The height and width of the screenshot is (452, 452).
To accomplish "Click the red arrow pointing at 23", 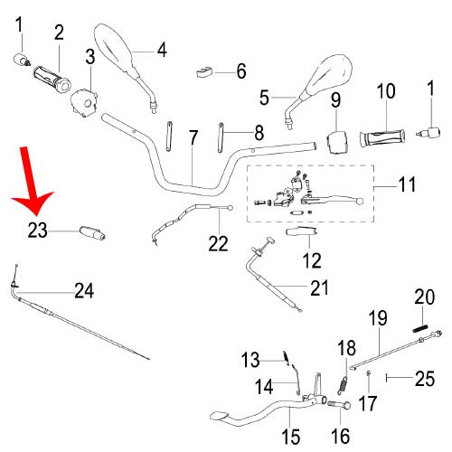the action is [x=31, y=184].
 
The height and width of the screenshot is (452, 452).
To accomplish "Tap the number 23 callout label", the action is [x=38, y=231].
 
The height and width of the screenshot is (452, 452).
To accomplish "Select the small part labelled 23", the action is [x=92, y=233].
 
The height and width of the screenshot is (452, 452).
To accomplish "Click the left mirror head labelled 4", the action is [x=114, y=47].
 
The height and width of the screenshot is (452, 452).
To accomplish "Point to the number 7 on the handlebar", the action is [x=193, y=138].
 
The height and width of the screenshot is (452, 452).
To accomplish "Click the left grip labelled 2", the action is [x=52, y=77].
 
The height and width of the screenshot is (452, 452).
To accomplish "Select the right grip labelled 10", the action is [x=382, y=138].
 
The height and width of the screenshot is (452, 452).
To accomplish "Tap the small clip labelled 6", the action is [x=204, y=72].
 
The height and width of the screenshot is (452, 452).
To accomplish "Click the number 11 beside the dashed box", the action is [x=407, y=184].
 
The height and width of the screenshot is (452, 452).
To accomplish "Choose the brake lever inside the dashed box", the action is [x=333, y=200].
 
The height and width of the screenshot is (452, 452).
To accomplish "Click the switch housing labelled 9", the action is [x=336, y=142].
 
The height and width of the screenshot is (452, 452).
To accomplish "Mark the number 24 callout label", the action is [x=84, y=290].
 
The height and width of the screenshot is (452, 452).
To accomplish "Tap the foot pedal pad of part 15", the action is [x=220, y=417].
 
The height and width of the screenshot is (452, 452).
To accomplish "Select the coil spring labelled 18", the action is [x=343, y=386].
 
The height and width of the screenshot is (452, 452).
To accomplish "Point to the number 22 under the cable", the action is [x=218, y=243].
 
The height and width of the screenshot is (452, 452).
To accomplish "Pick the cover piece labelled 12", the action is [x=301, y=231].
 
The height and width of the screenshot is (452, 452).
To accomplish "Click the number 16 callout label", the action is [x=341, y=436].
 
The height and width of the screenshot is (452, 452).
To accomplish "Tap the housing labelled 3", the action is [x=83, y=102].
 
